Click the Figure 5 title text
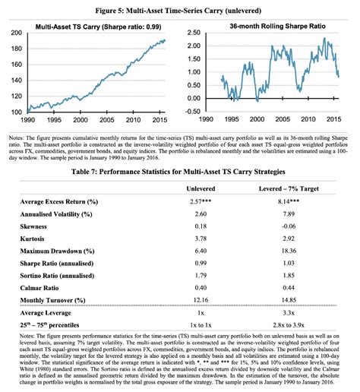tap(180, 8)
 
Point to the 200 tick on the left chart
tap(16, 33)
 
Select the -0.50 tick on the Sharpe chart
tap(192, 112)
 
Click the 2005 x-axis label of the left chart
tap(106, 120)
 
